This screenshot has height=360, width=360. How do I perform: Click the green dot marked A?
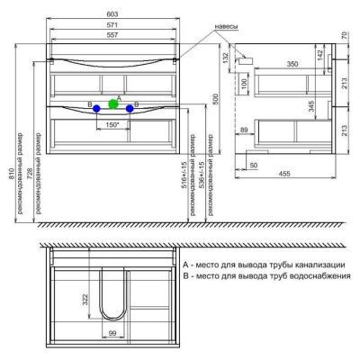click(x=113, y=103)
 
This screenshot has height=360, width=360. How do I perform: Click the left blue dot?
click(x=95, y=108)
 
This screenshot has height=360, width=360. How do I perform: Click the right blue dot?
click(x=130, y=108)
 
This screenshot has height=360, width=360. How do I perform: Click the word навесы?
click(x=225, y=27)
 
